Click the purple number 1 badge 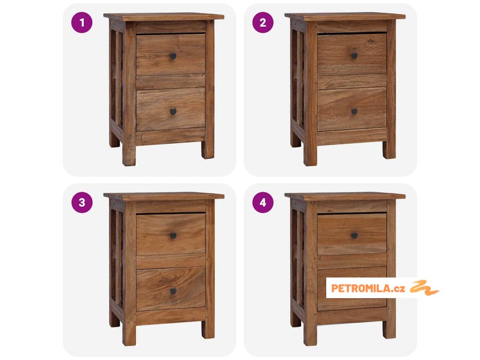[82, 22]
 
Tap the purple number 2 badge [263, 22]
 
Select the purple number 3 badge [82, 202]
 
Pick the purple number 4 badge [263, 202]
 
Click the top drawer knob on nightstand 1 [173, 56]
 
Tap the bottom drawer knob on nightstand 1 [173, 112]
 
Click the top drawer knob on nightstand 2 [354, 56]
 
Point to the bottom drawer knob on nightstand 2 [354, 112]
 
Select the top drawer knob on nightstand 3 [173, 235]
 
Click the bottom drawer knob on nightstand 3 [173, 291]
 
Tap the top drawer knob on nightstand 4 [354, 235]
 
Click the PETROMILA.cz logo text [368, 288]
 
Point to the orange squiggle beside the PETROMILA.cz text [424, 288]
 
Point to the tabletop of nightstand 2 [345, 16]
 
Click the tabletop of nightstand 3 [164, 196]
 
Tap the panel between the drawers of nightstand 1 [171, 82]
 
